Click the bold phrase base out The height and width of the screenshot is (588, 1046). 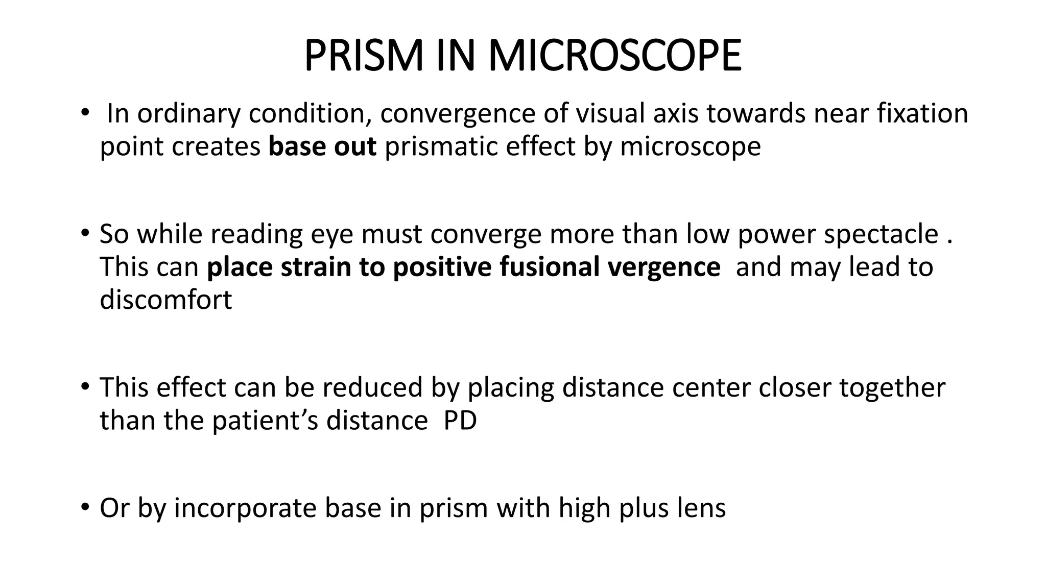point(322,146)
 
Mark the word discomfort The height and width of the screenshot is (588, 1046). point(165,300)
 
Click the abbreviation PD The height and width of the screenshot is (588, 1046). point(460,421)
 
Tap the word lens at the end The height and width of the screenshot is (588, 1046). point(699,508)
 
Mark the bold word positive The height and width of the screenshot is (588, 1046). point(441,267)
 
